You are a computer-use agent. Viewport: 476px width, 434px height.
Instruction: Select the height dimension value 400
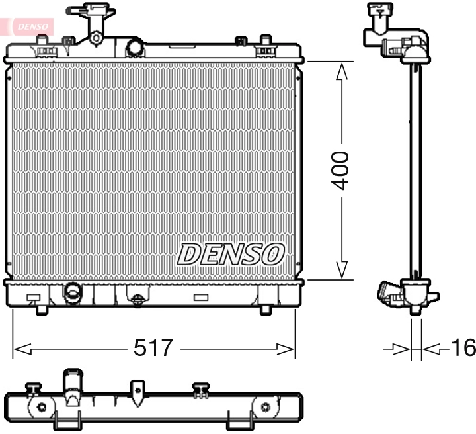point(341,170)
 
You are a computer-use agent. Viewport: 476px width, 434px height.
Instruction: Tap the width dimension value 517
point(153,347)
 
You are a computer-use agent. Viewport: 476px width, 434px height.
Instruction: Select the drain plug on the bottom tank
point(137,300)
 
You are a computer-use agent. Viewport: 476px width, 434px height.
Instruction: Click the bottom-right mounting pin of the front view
point(266,309)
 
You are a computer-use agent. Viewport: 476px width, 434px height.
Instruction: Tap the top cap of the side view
point(379,9)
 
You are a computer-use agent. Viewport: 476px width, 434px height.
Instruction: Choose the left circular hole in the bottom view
point(42,407)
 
